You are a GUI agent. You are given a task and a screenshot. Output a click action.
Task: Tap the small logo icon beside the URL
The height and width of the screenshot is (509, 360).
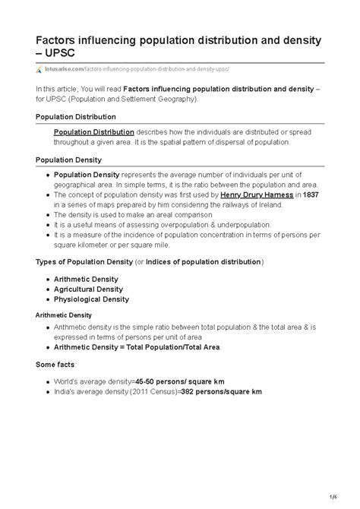click(40, 69)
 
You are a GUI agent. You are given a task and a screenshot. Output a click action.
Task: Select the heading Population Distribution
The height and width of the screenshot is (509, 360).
click(76, 117)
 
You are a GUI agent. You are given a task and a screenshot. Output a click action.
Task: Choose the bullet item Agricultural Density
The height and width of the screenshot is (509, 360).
click(88, 289)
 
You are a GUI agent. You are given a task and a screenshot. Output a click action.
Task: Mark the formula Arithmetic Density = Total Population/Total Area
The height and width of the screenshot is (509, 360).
click(136, 346)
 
